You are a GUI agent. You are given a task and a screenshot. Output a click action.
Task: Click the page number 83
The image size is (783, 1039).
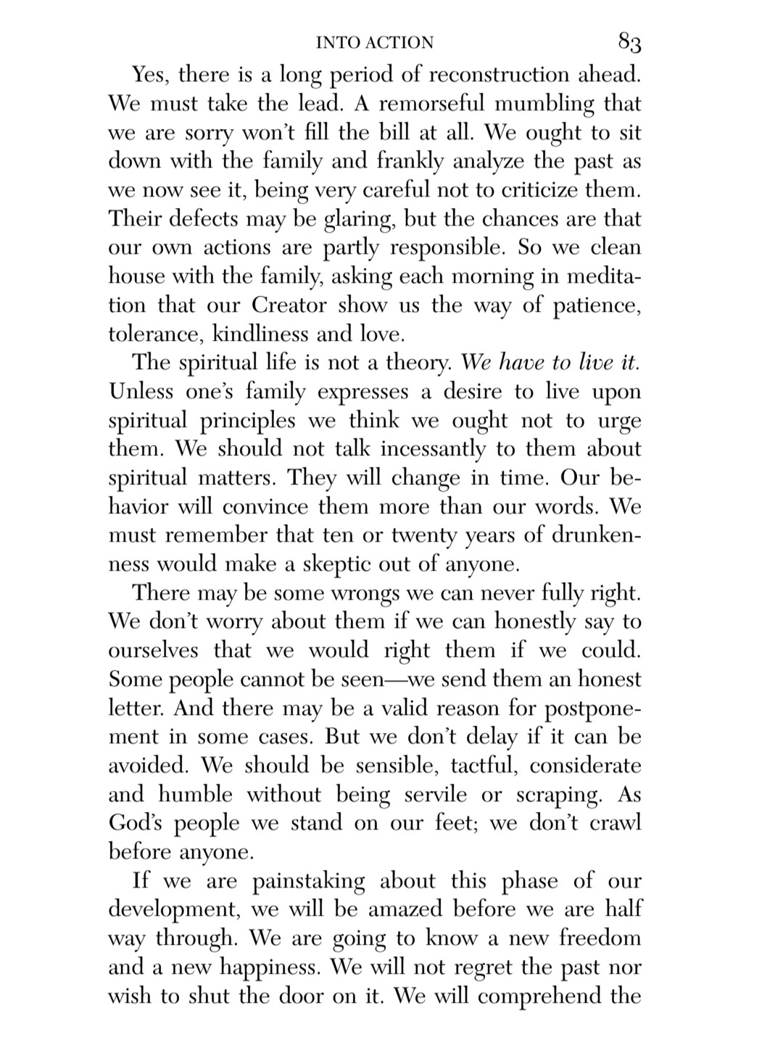[629, 43]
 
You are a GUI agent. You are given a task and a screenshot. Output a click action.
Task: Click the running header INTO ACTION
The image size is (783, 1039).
[375, 43]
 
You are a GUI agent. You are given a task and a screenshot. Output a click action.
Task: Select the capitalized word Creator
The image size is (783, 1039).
[289, 305]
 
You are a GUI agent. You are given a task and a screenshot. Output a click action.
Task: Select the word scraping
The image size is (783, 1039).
[558, 795]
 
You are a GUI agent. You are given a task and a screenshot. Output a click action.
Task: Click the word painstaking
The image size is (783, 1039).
[309, 882]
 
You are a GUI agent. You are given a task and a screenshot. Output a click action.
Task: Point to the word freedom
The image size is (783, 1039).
[600, 938]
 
